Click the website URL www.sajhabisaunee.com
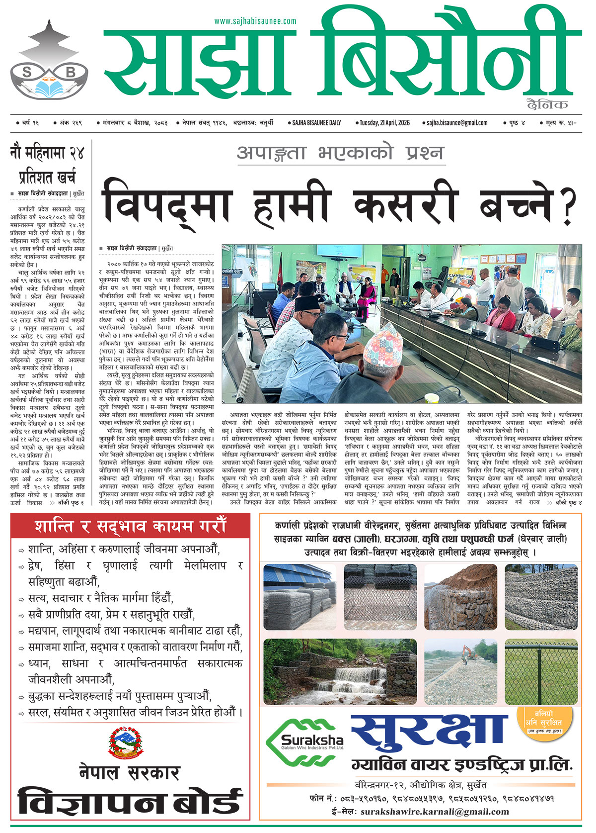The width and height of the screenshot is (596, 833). pos(255,21)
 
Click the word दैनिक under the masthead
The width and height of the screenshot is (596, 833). pos(547,104)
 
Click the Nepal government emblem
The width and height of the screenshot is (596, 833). pos(125,743)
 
